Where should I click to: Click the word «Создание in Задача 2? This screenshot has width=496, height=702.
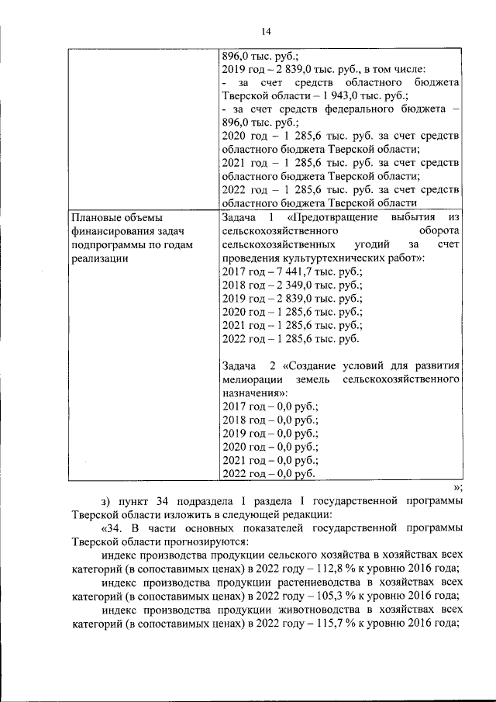[309, 365]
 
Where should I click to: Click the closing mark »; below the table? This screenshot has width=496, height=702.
[457, 487]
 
